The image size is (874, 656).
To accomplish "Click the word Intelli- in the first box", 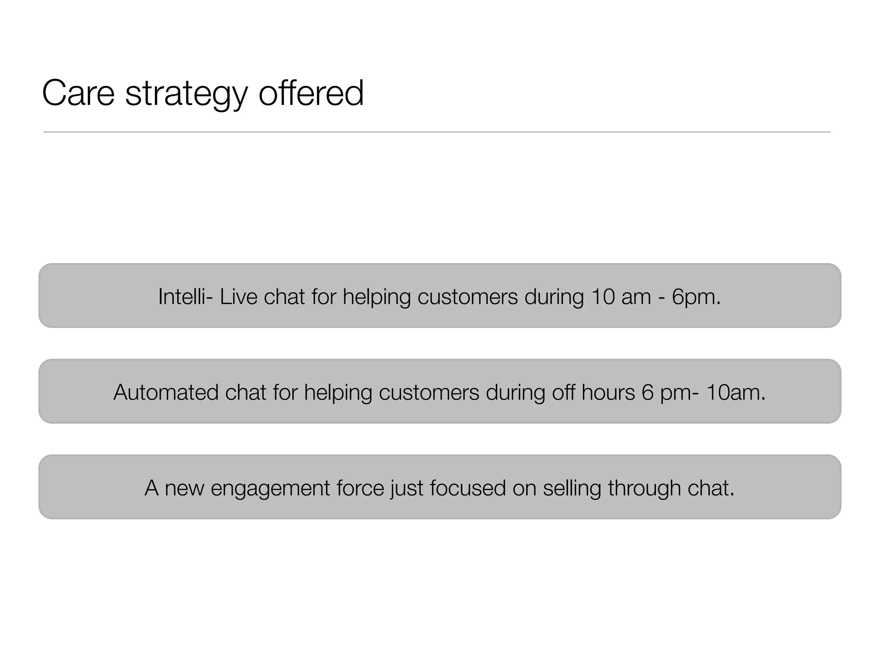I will [185, 296].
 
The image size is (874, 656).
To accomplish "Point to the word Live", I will [239, 296].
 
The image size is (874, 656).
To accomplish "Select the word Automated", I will [166, 392].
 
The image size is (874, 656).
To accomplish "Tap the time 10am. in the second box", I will [736, 392].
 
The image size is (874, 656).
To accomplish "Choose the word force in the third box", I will [360, 488].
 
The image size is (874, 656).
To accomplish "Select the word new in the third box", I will [184, 488].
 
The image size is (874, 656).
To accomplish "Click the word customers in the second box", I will [429, 392].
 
